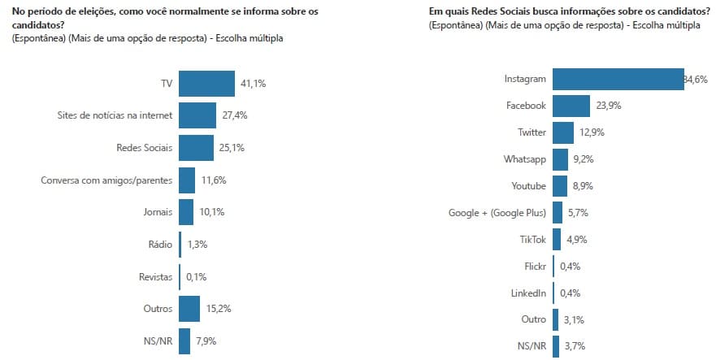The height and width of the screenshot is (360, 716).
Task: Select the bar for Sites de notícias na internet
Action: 197,115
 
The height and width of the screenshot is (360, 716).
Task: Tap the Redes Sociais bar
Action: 196,148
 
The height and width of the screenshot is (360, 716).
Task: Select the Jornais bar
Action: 186,212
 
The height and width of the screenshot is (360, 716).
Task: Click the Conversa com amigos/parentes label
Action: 106,180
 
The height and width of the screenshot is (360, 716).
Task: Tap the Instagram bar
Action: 618,80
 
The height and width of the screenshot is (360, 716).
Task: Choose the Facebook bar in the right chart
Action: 571,106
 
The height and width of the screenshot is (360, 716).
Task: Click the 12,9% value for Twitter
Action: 591,132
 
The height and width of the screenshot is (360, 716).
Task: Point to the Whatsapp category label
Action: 525,159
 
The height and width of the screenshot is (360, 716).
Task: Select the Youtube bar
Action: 560,186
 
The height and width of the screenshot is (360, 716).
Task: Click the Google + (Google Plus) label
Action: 497,213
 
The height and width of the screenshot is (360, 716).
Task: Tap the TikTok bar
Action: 557,240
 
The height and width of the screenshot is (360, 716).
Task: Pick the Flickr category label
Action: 532,266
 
